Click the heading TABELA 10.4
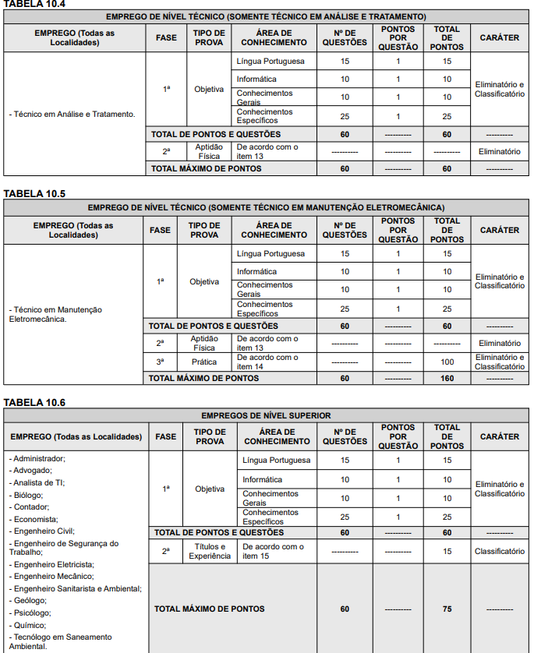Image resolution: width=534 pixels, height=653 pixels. [34, 4]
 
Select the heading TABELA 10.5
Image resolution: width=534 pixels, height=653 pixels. [34, 192]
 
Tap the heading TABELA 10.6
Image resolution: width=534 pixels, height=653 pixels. [34, 402]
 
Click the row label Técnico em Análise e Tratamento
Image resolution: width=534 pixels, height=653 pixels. [72, 114]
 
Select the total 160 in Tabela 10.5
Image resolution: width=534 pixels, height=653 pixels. [447, 378]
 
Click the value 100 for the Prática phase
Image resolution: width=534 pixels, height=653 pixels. [447, 362]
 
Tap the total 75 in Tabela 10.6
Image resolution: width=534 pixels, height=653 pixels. [447, 609]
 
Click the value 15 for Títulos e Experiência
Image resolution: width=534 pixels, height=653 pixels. [447, 551]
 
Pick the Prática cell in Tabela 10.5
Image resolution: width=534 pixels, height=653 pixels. [204, 362]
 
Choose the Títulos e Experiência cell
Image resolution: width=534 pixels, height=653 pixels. [210, 551]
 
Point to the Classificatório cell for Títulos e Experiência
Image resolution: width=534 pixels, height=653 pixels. [500, 551]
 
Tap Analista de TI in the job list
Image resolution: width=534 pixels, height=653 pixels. [39, 483]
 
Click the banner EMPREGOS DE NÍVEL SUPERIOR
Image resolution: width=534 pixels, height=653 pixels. [266, 415]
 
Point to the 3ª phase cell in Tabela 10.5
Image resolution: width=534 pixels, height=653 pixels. [160, 362]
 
